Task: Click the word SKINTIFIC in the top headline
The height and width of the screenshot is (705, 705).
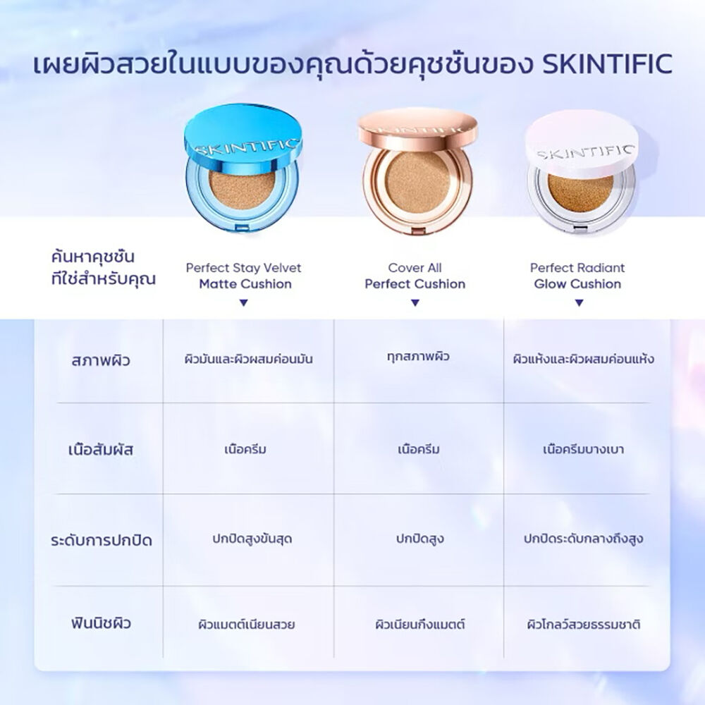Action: point(608,64)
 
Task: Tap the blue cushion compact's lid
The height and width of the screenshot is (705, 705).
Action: point(243,138)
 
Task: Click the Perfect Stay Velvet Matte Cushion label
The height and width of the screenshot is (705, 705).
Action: point(244,276)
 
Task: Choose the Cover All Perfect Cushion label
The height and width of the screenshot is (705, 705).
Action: point(415,276)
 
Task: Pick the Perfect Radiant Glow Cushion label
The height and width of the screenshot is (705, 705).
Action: point(578,276)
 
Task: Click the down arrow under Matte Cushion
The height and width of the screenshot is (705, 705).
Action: point(244,303)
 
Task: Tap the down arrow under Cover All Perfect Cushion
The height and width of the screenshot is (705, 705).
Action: point(415,303)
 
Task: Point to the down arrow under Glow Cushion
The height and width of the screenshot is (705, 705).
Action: point(580,303)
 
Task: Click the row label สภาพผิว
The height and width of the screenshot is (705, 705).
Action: point(101,360)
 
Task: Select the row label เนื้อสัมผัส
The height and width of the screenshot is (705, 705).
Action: point(101,450)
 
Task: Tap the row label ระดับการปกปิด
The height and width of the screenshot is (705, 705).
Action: point(101,540)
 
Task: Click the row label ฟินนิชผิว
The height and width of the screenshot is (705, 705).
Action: point(101,623)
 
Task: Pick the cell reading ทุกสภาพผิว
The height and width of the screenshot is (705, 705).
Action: point(418,357)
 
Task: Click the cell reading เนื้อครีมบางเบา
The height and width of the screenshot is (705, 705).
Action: point(583,449)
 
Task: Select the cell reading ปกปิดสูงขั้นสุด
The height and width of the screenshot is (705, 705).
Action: point(252,539)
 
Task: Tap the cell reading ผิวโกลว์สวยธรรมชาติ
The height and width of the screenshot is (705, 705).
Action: point(584,624)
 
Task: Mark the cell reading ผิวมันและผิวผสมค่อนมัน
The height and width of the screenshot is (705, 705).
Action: point(249,360)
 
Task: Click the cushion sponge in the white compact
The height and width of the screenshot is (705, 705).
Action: point(580,193)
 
